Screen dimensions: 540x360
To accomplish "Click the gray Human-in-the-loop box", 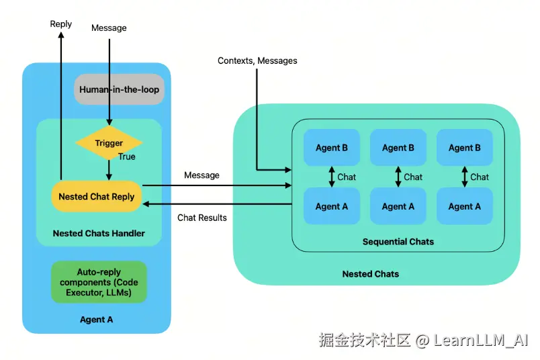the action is [119, 89].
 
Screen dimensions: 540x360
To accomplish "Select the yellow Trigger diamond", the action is [109, 142].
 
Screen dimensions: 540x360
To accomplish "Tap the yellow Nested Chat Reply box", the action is [97, 196].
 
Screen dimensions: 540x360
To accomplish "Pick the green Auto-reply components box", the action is [99, 282].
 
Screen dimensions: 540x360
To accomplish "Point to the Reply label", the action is [61, 24].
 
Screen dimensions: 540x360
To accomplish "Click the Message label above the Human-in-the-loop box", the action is [109, 28].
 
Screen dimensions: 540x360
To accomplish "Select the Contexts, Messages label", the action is [257, 60].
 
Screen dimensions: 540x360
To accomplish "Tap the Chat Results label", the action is [202, 218].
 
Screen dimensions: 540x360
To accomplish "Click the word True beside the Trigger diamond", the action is [127, 156].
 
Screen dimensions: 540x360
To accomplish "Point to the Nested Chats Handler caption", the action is [99, 233].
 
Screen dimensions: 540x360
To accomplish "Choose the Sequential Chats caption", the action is [398, 242].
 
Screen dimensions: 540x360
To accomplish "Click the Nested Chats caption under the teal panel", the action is [371, 274].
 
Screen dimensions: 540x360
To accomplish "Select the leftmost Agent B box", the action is [332, 148].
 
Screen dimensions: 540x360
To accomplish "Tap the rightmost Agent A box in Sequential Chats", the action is [465, 206].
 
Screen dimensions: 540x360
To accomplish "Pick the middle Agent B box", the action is [398, 148].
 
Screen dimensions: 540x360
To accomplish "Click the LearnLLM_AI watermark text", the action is [481, 340].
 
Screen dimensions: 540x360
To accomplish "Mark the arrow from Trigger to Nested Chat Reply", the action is [109, 170].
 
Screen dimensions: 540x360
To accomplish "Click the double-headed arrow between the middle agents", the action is [398, 177].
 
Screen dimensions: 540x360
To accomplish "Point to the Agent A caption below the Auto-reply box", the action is [97, 319].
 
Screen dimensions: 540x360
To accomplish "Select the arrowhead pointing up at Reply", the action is [61, 34].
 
